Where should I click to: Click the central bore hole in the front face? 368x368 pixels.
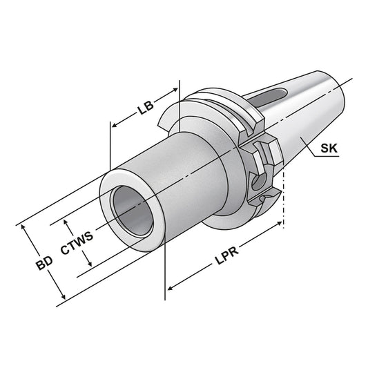pyautogui.click(x=133, y=209)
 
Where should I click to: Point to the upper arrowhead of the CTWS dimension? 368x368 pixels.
pyautogui.click(x=67, y=222)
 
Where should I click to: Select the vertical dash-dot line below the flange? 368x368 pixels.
pyautogui.click(x=283, y=207)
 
